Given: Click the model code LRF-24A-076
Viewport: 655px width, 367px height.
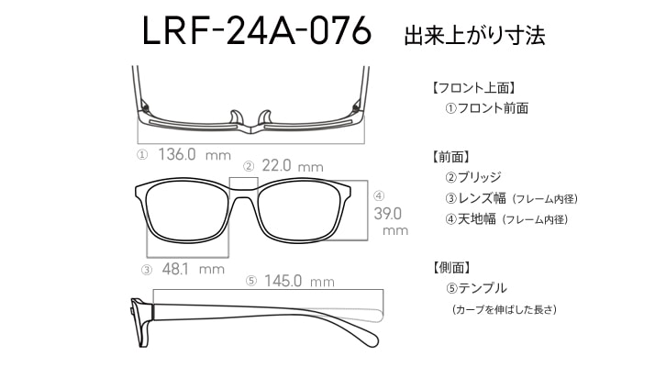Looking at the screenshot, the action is [x=257, y=30].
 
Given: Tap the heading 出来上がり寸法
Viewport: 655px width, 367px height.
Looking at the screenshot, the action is [x=474, y=35].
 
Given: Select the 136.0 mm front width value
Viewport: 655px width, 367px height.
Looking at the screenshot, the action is [x=194, y=155].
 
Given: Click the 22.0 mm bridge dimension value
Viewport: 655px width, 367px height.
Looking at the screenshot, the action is [x=293, y=166].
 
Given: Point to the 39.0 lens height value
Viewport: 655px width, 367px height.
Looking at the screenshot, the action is [x=388, y=214].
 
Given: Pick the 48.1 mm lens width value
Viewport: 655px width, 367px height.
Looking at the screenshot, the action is [x=193, y=269].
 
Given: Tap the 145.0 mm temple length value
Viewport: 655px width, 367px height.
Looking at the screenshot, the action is [x=299, y=281].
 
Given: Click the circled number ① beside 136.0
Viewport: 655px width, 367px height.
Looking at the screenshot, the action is [x=142, y=155].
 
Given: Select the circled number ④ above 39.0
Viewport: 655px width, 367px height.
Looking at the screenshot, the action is [x=379, y=195].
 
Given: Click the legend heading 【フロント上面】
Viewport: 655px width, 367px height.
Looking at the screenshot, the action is [x=472, y=88].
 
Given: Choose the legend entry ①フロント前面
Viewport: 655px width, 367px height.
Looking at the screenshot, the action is [x=487, y=108].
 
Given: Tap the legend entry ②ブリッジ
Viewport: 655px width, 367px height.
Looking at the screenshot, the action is [x=473, y=177].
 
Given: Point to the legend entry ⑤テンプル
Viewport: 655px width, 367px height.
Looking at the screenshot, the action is [x=476, y=288].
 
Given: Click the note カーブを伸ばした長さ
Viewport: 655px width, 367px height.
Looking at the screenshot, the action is [x=505, y=310].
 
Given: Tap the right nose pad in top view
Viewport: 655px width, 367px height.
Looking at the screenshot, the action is [x=265, y=117].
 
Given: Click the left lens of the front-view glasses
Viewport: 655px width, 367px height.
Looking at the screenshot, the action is [x=187, y=211].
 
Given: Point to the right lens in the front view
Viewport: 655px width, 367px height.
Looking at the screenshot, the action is [x=299, y=211].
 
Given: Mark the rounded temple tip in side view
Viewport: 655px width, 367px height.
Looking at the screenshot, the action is [x=372, y=339].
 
